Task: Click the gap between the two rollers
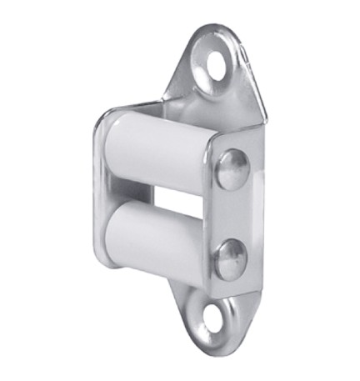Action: (167, 197)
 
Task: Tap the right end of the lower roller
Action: (201, 246)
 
